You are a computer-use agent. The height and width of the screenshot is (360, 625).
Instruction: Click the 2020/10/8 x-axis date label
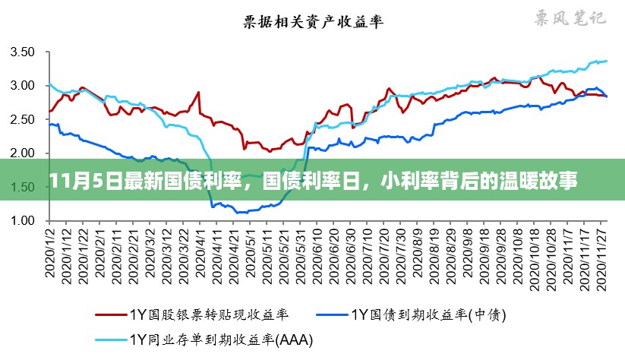[518, 254]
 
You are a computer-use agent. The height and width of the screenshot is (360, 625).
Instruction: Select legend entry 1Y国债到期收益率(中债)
[430, 313]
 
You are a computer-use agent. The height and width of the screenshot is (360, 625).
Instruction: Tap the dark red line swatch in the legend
[111, 313]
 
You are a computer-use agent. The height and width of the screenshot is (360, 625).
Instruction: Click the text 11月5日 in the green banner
[74, 182]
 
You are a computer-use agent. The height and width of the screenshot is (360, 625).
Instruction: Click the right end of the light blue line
[607, 61]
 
